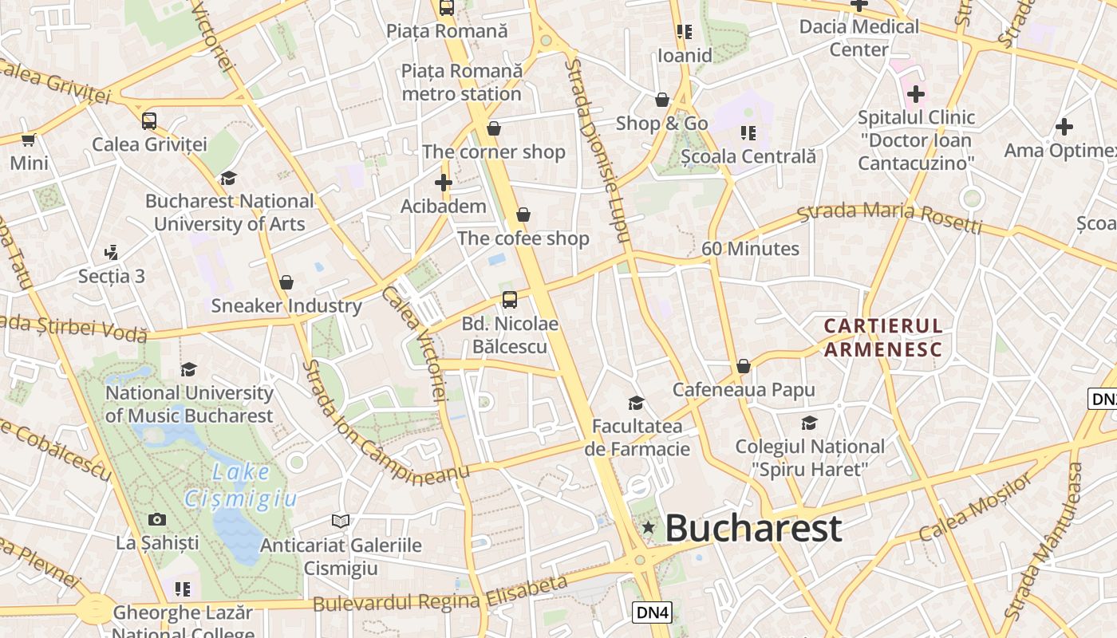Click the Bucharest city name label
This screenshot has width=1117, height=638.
[752, 528]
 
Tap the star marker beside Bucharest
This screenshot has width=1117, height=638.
[648, 527]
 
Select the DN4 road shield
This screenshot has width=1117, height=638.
[653, 612]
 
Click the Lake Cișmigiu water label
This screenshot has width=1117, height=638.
[240, 486]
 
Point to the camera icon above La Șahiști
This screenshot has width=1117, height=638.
[157, 520]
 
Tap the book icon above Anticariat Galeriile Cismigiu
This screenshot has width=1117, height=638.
[341, 522]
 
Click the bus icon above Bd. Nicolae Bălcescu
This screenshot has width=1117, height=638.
[509, 301]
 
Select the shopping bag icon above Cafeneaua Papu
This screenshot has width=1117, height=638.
[744, 366]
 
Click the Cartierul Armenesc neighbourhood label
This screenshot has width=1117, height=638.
[883, 337]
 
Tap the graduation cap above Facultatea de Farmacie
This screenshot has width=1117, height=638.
[636, 403]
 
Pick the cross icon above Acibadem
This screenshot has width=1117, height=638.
[444, 183]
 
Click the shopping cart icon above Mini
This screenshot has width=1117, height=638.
[29, 140]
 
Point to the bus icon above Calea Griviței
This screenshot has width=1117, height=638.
[149, 121]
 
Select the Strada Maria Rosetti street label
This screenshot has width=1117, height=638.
[889, 218]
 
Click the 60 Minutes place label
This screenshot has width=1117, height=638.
[750, 249]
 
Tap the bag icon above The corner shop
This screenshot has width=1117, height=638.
[494, 128]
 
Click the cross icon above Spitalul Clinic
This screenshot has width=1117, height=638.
[916, 94]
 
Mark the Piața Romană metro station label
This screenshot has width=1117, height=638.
[462, 82]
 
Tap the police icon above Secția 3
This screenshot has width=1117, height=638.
[111, 253]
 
